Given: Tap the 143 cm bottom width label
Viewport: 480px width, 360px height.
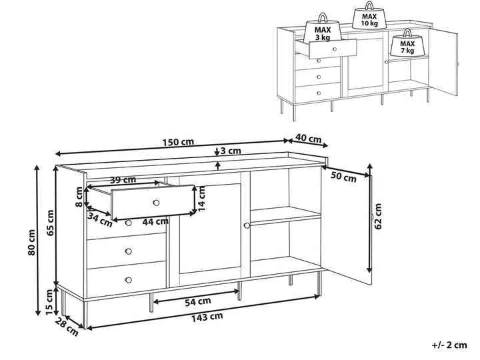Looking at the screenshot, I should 207,317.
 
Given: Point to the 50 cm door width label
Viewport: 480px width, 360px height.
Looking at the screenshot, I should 343,176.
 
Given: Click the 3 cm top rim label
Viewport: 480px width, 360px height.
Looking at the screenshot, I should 231,151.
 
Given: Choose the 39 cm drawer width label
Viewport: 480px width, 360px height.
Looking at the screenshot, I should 123,180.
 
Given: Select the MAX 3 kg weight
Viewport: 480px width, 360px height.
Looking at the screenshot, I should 322,32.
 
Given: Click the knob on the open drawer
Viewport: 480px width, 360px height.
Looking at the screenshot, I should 156,202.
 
